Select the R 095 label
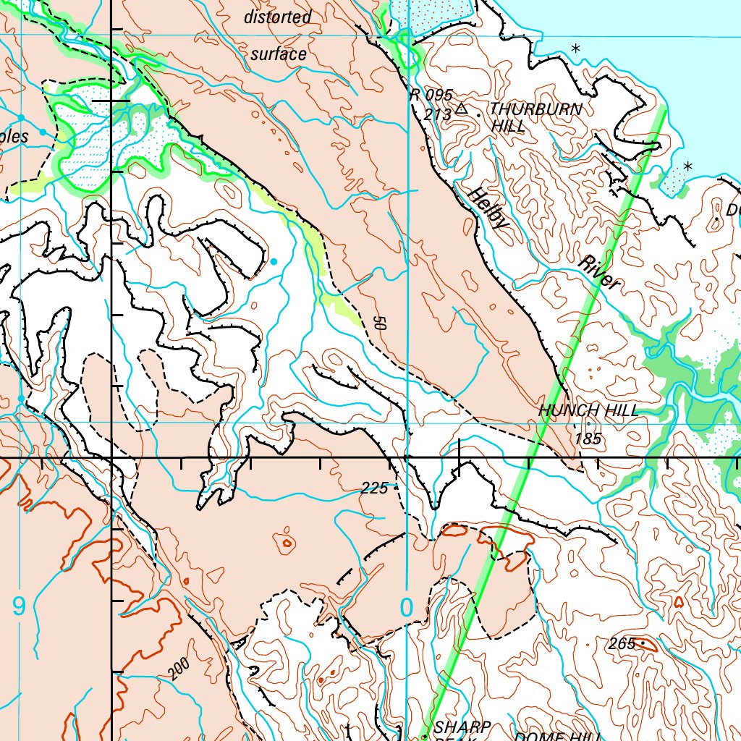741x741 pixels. pos(431,95)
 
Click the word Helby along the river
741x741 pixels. pos(488,209)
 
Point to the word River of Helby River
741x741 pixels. pos(600,273)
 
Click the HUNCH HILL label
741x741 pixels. pos(588,411)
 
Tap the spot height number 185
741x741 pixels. pos(588,439)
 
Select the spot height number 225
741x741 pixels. pos(374,488)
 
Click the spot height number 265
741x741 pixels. pos(622,643)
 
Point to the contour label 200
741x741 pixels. pos(179,670)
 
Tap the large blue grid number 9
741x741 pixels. pos(19,606)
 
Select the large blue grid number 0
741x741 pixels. pos(406,608)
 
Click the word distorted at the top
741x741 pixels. pos(277,17)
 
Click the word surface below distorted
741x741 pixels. pos(279,54)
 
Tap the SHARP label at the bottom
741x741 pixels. pos(462,727)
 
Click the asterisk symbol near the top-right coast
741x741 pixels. pos(576,49)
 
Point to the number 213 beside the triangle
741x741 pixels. pos(438,114)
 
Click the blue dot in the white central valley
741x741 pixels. pos(274,261)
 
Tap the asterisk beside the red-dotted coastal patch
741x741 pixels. pos(688,166)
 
